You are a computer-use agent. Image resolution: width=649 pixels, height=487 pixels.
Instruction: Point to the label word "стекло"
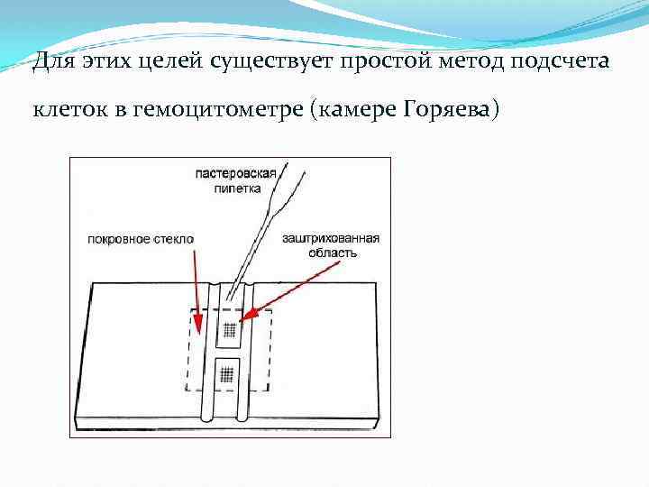click(x=172, y=239)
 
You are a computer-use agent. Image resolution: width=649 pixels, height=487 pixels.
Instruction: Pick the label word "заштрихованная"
click(x=330, y=239)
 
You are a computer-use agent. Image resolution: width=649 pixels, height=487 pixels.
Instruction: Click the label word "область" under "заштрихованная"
click(x=333, y=253)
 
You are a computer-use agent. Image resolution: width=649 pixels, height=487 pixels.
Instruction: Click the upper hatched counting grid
click(x=228, y=329)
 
